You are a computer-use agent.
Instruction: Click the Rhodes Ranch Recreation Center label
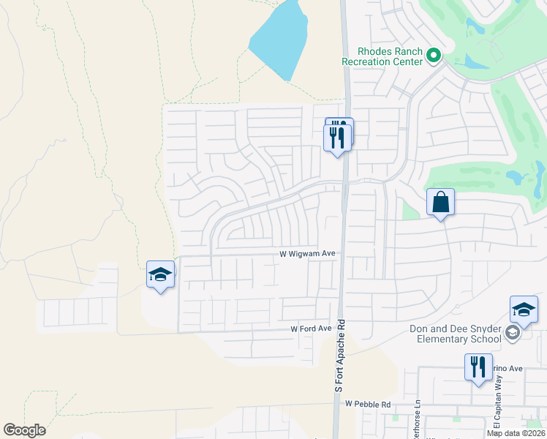(382, 56)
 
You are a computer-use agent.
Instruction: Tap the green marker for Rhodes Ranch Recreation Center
(434, 55)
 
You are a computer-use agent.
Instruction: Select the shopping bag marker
(440, 203)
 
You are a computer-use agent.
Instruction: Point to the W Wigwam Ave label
(307, 254)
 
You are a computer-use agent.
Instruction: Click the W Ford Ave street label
(311, 329)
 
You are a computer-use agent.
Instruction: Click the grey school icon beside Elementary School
(513, 334)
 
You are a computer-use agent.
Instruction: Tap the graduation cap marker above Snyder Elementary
(524, 310)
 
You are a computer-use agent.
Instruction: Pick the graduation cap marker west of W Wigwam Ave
(160, 274)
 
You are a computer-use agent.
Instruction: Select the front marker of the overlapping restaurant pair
(338, 138)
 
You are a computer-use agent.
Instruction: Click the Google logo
(24, 430)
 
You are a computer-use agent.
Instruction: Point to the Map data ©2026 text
(516, 433)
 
